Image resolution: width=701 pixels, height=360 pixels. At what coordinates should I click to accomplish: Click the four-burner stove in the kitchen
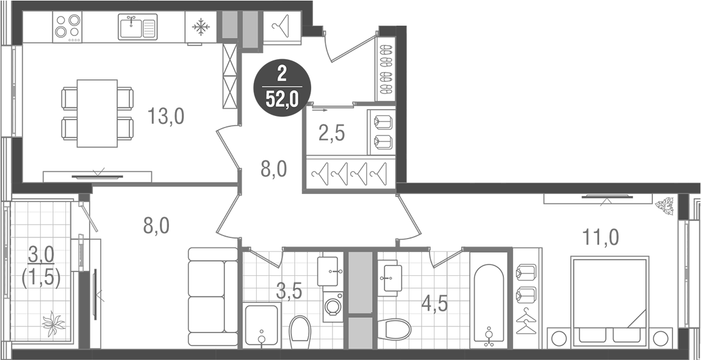(x=67, y=27)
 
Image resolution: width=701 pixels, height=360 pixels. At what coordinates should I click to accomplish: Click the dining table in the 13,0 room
(x=97, y=113)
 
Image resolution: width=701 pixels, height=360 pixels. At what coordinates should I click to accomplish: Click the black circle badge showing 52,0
(x=281, y=88)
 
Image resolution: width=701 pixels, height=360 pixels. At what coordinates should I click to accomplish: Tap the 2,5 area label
(x=332, y=132)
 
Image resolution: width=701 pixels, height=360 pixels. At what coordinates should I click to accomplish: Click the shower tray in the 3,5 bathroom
(x=262, y=325)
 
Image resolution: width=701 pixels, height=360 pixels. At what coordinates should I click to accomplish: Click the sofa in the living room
(x=212, y=297)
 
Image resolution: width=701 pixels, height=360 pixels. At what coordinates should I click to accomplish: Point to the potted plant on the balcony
(x=53, y=323)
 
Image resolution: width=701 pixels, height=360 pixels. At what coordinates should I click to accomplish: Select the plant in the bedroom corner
(x=663, y=206)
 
